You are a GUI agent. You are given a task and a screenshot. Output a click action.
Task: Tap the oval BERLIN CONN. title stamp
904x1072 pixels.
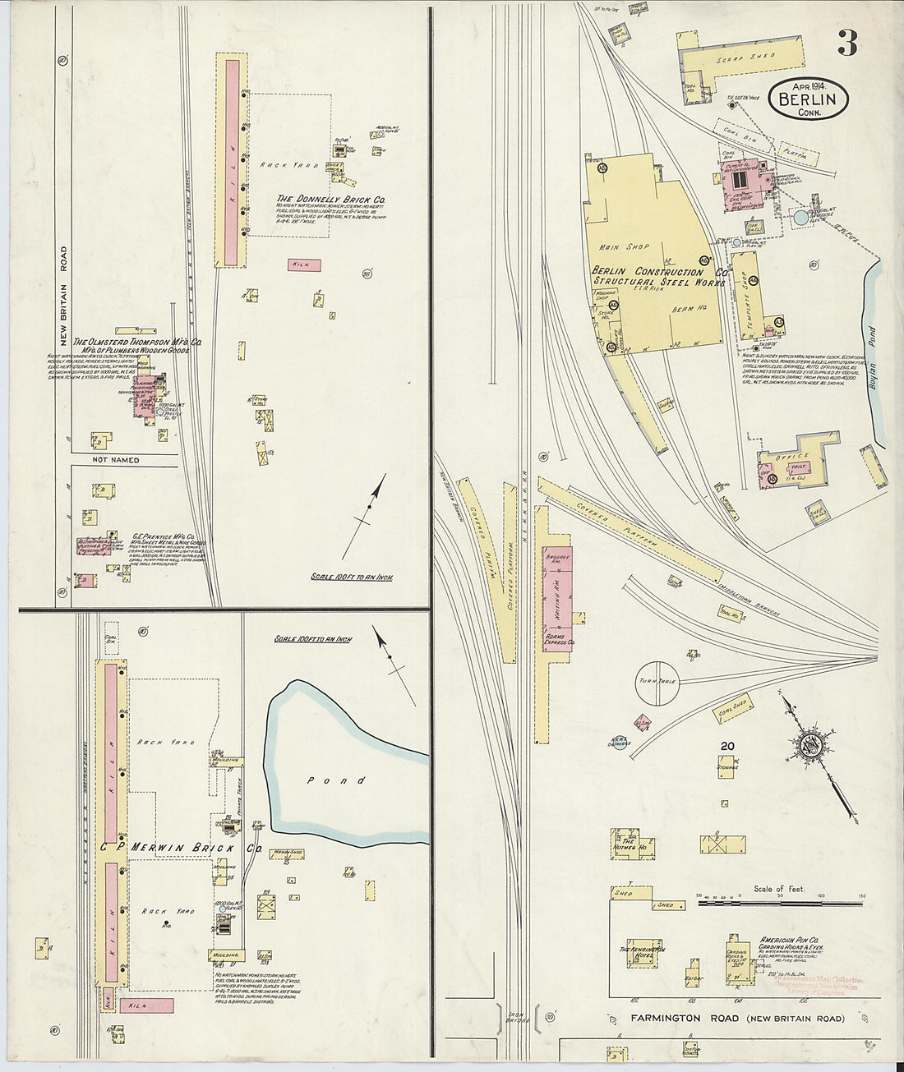tap(809, 99)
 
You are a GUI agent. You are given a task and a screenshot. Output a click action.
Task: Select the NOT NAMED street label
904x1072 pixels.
tap(118, 460)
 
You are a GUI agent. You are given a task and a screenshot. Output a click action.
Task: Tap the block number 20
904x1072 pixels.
tap(726, 746)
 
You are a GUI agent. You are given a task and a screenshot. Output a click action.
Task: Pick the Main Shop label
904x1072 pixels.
tap(624, 246)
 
